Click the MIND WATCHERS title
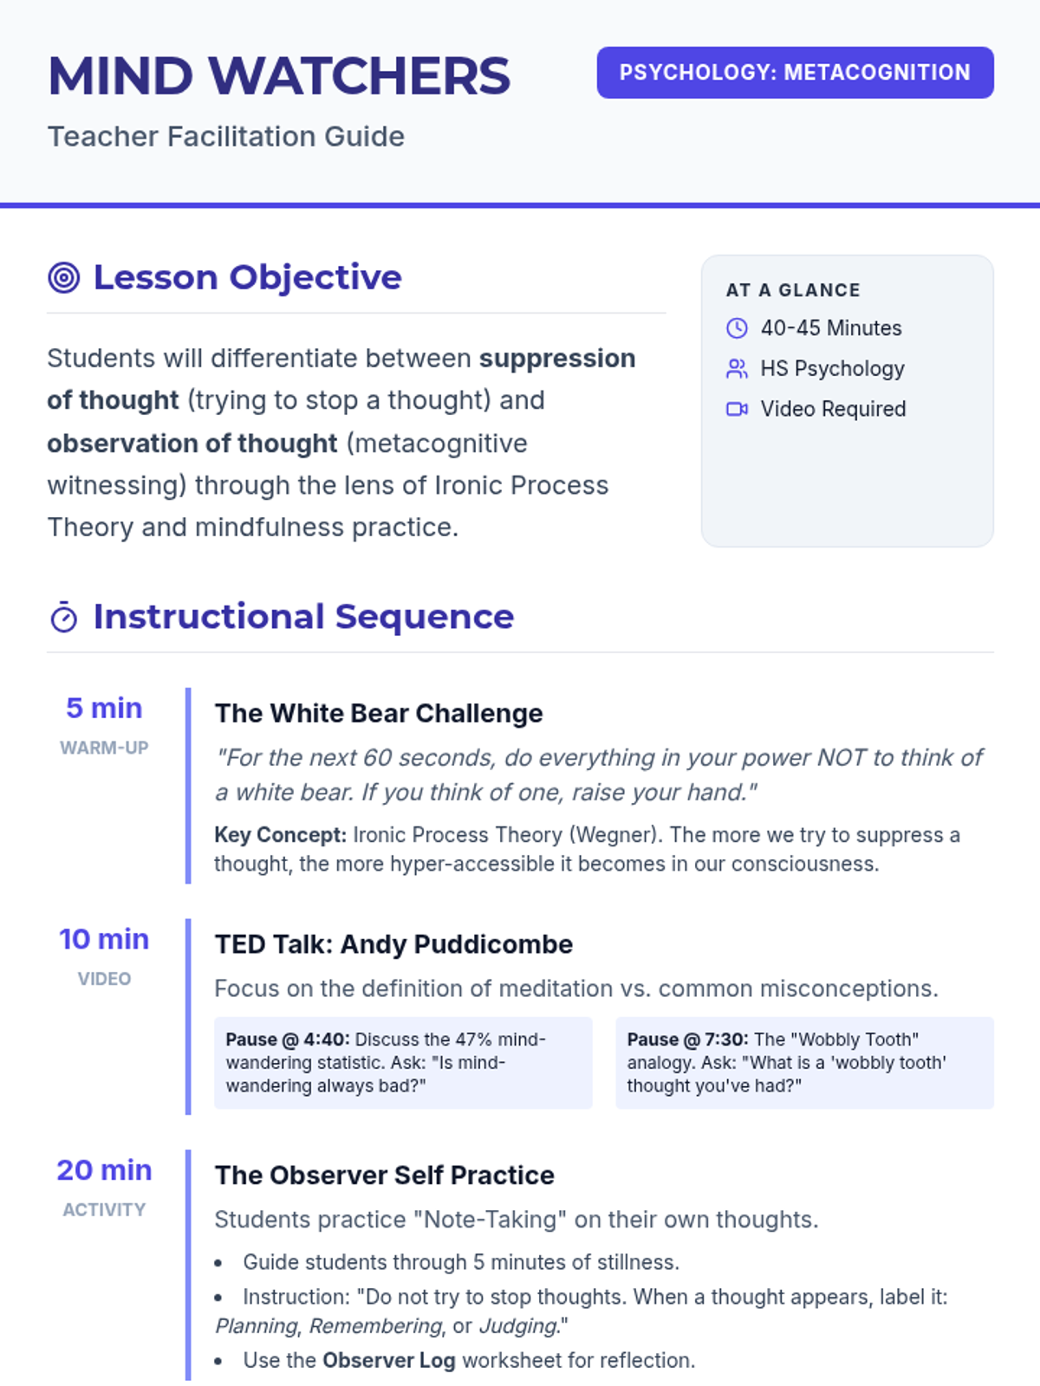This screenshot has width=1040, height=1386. [x=278, y=75]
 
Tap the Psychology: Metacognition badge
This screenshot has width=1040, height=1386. [x=795, y=73]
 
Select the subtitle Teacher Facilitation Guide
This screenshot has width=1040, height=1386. [x=226, y=136]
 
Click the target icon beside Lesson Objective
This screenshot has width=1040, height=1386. [x=64, y=278]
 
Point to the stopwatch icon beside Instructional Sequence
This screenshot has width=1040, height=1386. [x=64, y=617]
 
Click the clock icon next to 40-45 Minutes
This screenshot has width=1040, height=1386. [x=737, y=328]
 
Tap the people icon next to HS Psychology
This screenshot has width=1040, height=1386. [x=737, y=369]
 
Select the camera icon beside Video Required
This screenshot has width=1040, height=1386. [x=737, y=409]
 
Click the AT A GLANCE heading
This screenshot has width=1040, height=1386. [x=793, y=290]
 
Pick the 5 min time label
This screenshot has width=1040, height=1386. [x=104, y=708]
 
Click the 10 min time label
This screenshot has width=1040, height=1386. [x=104, y=939]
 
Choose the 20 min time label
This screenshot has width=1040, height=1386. [x=104, y=1170]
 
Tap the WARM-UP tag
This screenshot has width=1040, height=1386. [x=104, y=748]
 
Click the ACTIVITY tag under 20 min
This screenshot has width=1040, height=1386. [x=104, y=1210]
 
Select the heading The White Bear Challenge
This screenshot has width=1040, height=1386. [x=379, y=714]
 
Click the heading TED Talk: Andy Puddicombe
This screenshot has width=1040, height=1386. [x=393, y=944]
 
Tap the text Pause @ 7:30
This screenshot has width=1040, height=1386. [x=687, y=1040]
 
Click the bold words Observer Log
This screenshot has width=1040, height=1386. [x=389, y=1360]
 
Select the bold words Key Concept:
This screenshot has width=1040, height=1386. [x=280, y=835]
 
